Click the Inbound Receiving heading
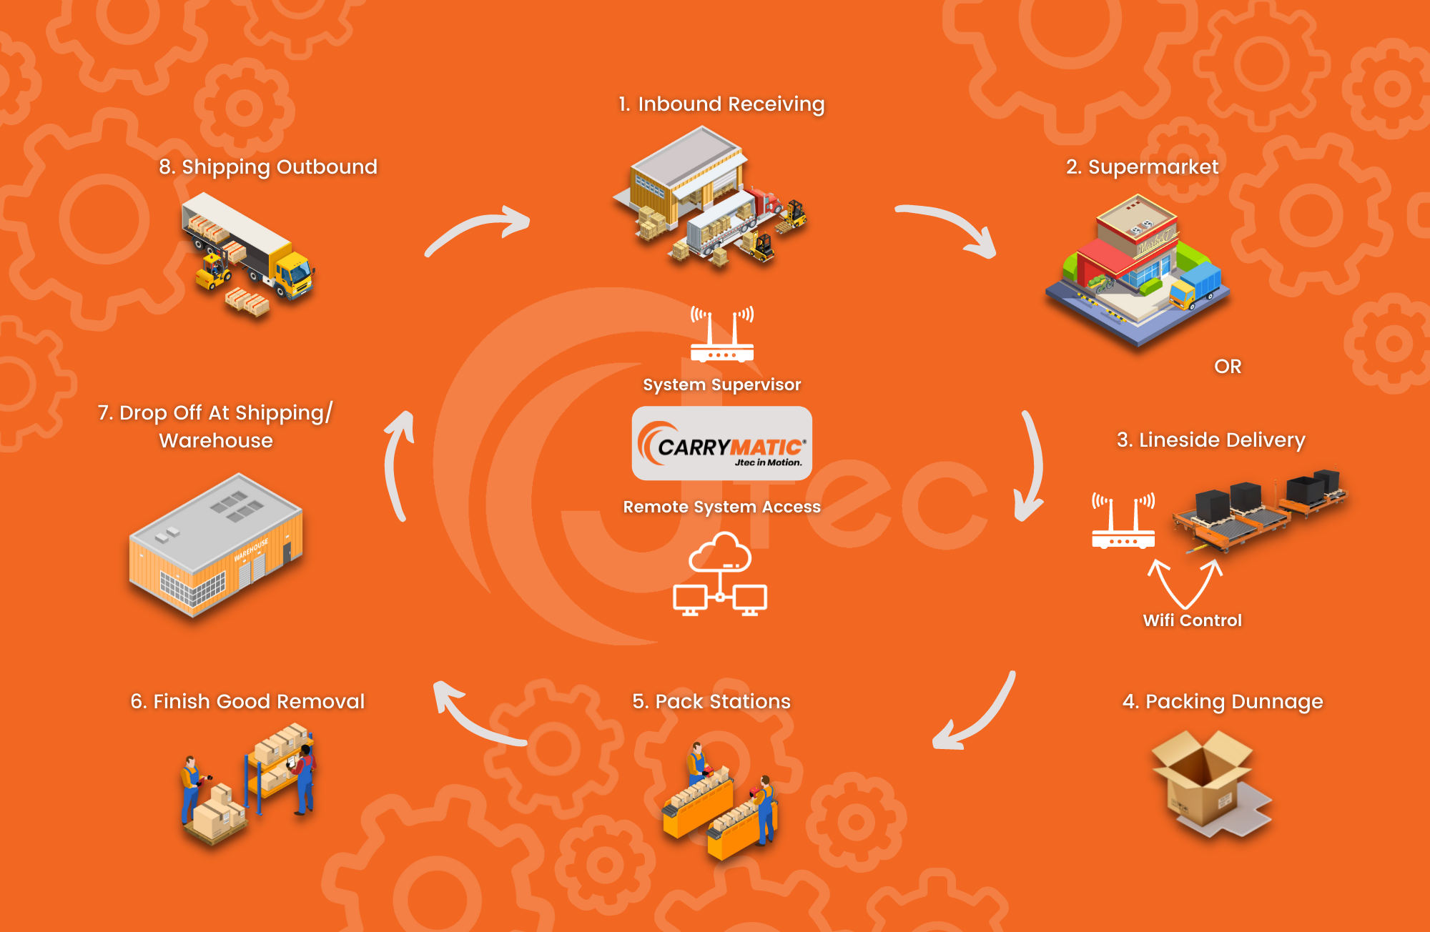(x=721, y=104)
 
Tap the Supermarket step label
(x=1142, y=167)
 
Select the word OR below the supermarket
(x=1228, y=367)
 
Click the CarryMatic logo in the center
(x=721, y=444)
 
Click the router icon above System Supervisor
(x=722, y=336)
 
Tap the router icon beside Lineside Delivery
(x=1123, y=522)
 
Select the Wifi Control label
(x=1192, y=620)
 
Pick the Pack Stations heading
(x=711, y=702)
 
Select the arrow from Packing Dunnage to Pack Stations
(x=976, y=715)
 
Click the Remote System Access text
(x=721, y=507)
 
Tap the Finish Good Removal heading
(x=247, y=702)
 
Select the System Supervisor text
(x=721, y=385)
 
